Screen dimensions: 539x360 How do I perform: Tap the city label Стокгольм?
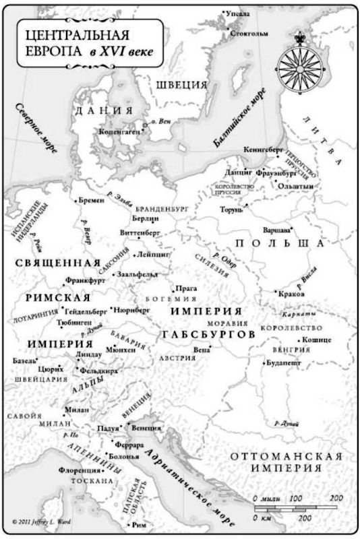249,32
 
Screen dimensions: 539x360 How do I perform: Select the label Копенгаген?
119,132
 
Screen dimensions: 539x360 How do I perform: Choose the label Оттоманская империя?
287,462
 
